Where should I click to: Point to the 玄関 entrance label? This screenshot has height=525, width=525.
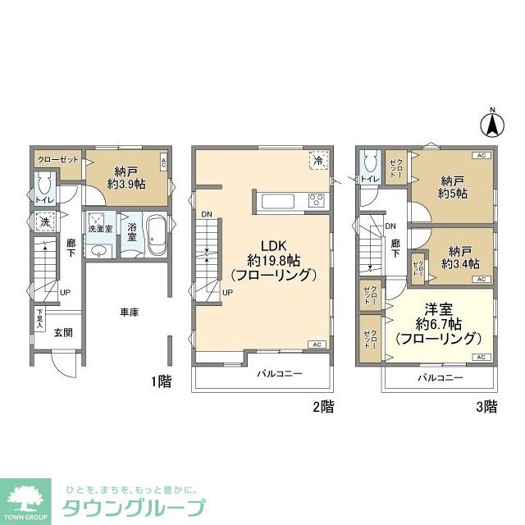(x=64, y=332)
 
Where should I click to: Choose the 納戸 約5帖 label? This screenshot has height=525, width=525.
(x=454, y=188)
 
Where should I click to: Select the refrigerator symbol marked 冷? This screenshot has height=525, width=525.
(x=317, y=161)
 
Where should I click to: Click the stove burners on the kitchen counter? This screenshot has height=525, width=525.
(x=317, y=200)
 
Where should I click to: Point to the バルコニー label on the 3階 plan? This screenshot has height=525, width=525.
(x=439, y=377)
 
